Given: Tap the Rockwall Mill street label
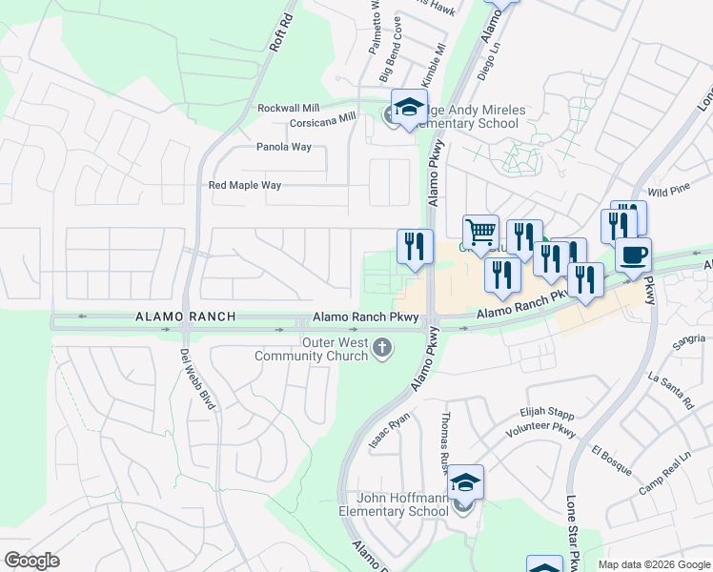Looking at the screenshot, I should pos(289,109).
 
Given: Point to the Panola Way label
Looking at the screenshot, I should pos(284,148).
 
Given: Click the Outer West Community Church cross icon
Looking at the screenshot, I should pos(381,348).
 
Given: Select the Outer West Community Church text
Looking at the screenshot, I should pos(311,349).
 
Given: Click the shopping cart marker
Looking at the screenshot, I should pos(480,231).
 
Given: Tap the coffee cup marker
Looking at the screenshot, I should pos(633,254).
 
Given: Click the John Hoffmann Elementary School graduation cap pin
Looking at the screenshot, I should pos(466,481).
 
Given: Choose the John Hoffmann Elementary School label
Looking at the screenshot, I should pos(394,504).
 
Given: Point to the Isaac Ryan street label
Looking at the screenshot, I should pos(389,431).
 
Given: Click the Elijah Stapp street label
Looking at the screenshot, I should pos(546,414).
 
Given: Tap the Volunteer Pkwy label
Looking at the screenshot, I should pos(541,429).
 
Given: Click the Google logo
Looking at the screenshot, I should pos(31,561).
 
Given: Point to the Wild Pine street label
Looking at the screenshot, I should pos(668,192).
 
